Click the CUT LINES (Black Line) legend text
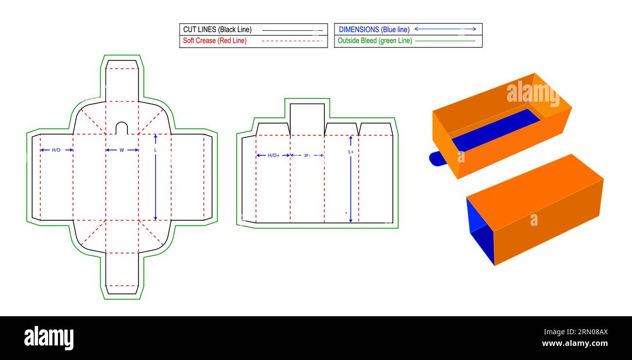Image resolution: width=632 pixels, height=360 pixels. click(217, 30)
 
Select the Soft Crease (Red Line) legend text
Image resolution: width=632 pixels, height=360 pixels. click(215, 41)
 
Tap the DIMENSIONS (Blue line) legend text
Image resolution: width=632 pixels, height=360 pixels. click(374, 30)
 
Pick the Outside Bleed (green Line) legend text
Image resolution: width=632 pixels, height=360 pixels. click(375, 41)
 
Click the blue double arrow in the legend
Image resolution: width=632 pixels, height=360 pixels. click(445, 29)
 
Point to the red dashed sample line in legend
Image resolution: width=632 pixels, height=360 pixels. click(292, 41)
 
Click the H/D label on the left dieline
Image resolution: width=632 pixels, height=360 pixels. click(56, 150)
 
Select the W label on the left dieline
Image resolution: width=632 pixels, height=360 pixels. click(122, 150)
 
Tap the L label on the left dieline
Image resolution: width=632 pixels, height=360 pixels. click(155, 150)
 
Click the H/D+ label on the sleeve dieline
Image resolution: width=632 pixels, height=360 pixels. click(274, 155)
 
